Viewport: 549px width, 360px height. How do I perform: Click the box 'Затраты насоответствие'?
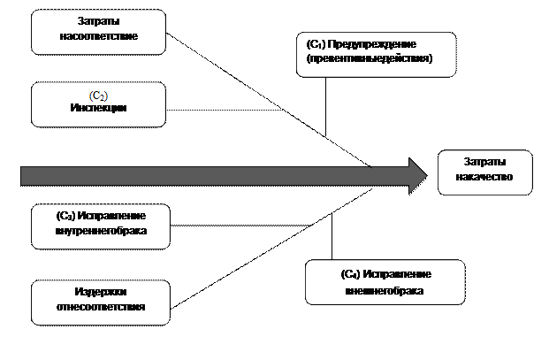click(99, 32)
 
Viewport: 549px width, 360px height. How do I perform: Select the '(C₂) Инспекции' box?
click(99, 104)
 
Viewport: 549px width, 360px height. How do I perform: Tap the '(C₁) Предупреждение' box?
click(376, 54)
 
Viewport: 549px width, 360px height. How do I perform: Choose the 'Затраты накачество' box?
click(485, 172)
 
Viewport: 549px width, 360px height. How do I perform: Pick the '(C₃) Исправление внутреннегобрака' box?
click(100, 226)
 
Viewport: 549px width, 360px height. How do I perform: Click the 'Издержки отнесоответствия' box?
click(100, 303)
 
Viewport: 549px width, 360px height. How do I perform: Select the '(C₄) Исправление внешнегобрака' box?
click(385, 281)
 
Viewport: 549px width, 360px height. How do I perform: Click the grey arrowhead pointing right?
click(414, 176)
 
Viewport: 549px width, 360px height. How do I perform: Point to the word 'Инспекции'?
click(99, 108)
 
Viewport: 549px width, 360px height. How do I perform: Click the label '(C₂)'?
click(99, 95)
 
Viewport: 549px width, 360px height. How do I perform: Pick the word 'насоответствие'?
click(99, 37)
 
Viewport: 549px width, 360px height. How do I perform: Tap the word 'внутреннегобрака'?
click(100, 231)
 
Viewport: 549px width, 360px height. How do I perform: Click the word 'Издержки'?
click(99, 294)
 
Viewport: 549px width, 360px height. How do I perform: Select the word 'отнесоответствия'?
click(99, 307)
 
